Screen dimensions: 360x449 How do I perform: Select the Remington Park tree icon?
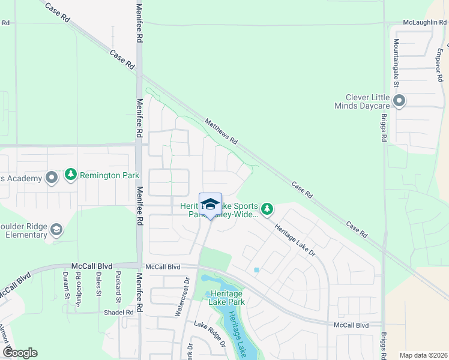click(71, 175)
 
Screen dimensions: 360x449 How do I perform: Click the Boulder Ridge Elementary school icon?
click(56, 230)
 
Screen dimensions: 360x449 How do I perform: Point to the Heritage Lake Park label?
click(225, 298)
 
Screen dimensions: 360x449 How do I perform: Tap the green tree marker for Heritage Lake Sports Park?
click(267, 209)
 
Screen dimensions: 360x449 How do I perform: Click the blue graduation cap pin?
click(210, 204)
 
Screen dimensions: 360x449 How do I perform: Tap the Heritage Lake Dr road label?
click(295, 241)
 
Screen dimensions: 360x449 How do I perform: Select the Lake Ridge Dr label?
click(209, 334)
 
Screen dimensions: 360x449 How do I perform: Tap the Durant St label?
click(65, 286)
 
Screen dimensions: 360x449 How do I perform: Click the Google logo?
click(20, 353)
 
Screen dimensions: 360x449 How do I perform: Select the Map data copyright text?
click(423, 355)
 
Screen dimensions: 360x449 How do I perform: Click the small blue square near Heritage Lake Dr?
click(257, 270)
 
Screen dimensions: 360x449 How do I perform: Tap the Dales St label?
click(98, 286)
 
